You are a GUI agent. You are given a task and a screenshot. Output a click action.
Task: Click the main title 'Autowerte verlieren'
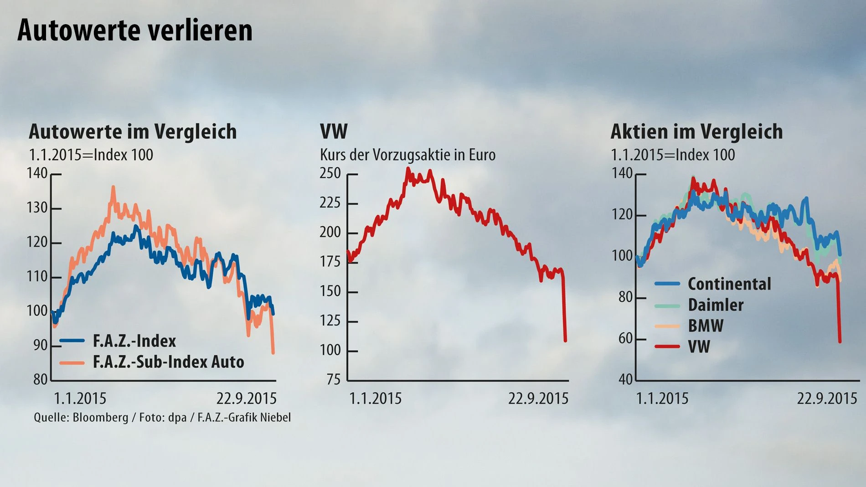pos(135,31)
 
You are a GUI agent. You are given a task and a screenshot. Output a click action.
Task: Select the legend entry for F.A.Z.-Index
pos(134,341)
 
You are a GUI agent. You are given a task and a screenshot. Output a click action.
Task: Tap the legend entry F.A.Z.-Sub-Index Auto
pos(168,362)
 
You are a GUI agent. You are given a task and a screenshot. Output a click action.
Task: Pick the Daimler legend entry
pos(715,305)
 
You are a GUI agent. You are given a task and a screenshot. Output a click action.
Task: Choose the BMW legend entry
pos(705,326)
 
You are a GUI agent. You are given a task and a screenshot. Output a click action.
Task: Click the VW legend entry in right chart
pos(699,347)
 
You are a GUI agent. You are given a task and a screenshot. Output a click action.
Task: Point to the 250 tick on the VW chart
pos(330,174)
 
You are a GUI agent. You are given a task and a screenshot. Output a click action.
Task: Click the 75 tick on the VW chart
pos(334,379)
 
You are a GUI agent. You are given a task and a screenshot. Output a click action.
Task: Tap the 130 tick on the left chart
pos(37,208)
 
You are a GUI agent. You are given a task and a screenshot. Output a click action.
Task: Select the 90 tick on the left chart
pos(40,346)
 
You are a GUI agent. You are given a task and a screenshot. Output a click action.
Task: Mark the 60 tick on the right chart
pos(625,338)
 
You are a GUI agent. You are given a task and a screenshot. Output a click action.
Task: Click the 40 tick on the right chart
pos(625,379)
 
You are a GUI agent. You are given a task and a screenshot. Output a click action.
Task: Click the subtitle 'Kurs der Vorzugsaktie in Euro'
pos(407,155)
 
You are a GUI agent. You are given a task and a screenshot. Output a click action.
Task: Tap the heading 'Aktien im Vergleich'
pos(696,132)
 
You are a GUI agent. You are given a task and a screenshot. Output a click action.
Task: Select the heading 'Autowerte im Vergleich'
pos(133,132)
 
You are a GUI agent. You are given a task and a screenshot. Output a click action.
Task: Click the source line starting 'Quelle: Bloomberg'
pos(162,418)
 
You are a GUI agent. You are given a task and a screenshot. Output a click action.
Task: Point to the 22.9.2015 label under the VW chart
pos(538,399)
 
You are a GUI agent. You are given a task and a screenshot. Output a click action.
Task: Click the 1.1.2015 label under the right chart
pos(662,399)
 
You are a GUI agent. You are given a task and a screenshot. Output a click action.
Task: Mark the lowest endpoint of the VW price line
pos(565,340)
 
